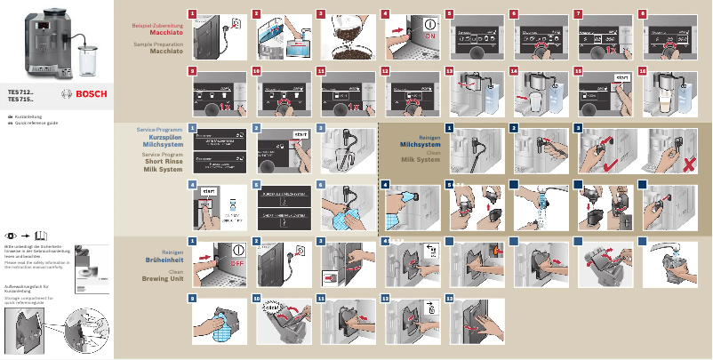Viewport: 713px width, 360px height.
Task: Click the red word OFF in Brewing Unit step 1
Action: tap(236, 263)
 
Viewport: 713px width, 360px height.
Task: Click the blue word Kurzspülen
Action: tap(164, 137)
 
